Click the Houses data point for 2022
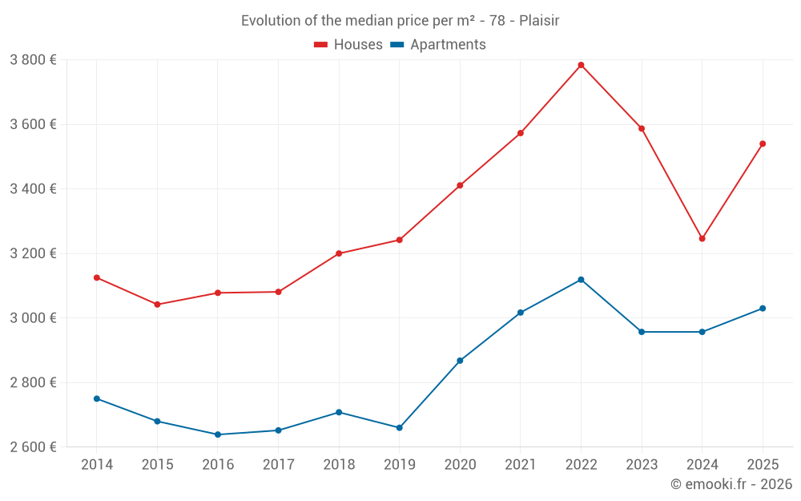pyautogui.click(x=581, y=65)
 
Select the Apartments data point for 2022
pyautogui.click(x=581, y=280)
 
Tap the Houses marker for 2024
pyautogui.click(x=702, y=238)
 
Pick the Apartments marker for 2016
pyautogui.click(x=218, y=434)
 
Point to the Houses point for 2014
pyautogui.click(x=97, y=277)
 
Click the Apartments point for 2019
pyautogui.click(x=400, y=428)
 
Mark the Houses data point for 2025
pyautogui.click(x=763, y=143)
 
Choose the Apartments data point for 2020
pyautogui.click(x=460, y=361)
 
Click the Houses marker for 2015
pyautogui.click(x=157, y=305)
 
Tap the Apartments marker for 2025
pyautogui.click(x=763, y=309)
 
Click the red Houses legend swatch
pyautogui.click(x=321, y=45)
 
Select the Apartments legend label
pyautogui.click(x=448, y=45)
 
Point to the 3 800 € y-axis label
pyautogui.click(x=33, y=59)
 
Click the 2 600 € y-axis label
pyautogui.click(x=33, y=446)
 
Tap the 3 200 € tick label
pyautogui.click(x=33, y=253)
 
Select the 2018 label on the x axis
pyautogui.click(x=339, y=464)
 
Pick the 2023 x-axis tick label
pyautogui.click(x=642, y=464)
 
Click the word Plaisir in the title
pyautogui.click(x=539, y=20)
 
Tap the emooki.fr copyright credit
pyautogui.click(x=731, y=483)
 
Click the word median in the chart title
pyautogui.click(x=372, y=20)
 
